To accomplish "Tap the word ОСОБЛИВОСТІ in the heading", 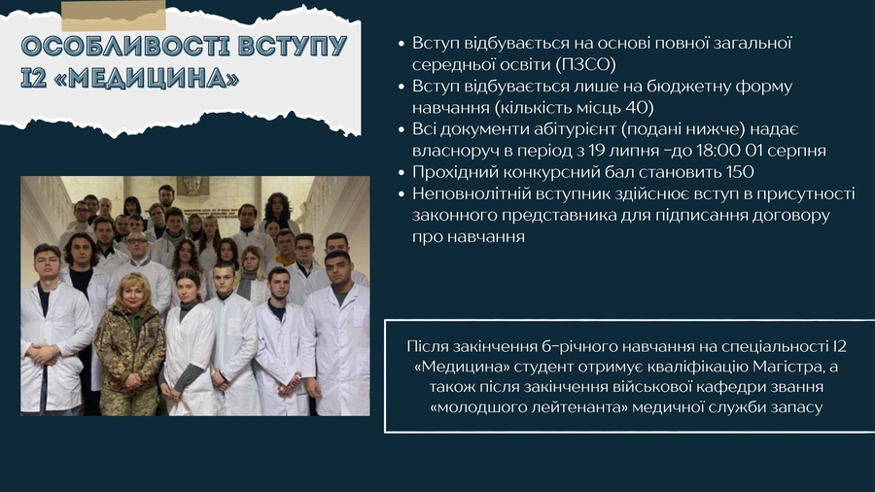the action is pos(125,46).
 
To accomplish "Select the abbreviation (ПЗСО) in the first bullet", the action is pos(585,65).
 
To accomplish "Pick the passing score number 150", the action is pos(740,172).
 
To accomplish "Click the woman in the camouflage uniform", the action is pos(130,345).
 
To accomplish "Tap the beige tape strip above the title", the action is pos(114,16).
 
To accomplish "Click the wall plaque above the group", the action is pos(193,185).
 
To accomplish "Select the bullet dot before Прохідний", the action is pos(402,173).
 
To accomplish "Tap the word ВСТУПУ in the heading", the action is pos(293,46).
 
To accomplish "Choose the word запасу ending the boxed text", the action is pos(796,407).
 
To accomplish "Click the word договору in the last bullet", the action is pos(791,216).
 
